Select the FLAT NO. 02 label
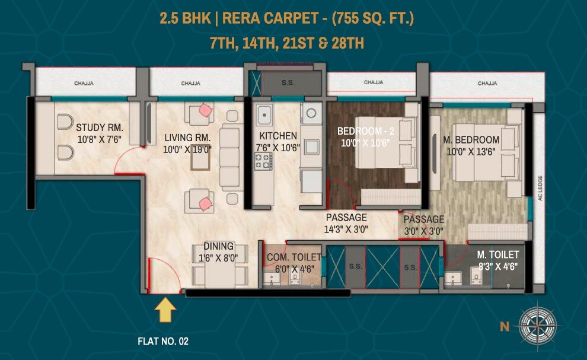pos(162,342)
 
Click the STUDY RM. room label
pos(100,127)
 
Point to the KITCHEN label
pos(278,136)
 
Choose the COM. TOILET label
pos(293,257)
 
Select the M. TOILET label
pos(499,255)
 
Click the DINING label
pos(218,247)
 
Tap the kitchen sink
pos(264,114)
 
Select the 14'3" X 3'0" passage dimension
pos(346,230)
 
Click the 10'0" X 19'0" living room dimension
pos(187,149)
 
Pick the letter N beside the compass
pos(504,325)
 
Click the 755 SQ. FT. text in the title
pos(372,18)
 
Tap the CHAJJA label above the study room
pos(84,84)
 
